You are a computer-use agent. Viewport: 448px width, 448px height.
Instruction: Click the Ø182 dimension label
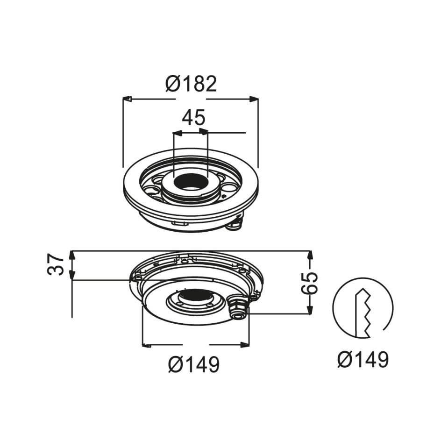(191, 84)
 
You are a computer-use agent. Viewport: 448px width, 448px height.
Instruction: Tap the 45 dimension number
(194, 117)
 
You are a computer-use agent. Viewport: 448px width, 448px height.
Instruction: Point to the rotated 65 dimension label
(309, 284)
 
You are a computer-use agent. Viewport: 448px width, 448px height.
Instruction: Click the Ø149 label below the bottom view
(194, 364)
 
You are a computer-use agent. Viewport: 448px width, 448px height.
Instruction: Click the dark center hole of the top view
(191, 181)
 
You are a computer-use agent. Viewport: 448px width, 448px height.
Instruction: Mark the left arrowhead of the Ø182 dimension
(127, 99)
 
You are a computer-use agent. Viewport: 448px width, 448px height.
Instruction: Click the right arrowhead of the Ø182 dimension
(253, 99)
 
